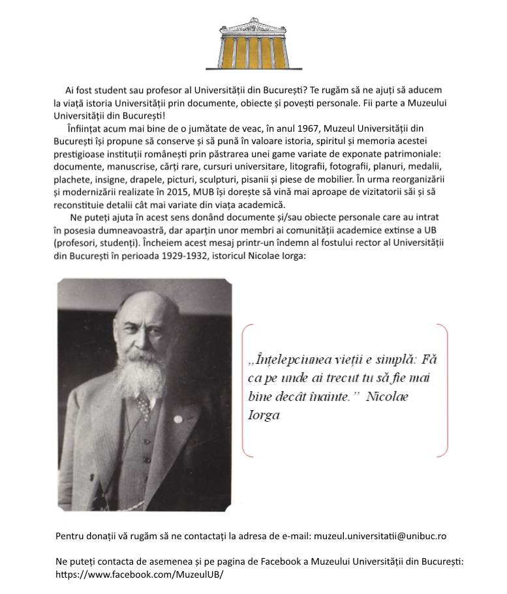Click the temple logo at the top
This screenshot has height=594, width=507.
click(253, 44)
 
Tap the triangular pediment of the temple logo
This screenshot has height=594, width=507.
click(253, 25)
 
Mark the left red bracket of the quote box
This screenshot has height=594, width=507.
click(244, 390)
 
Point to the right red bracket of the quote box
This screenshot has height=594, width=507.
click(446, 390)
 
